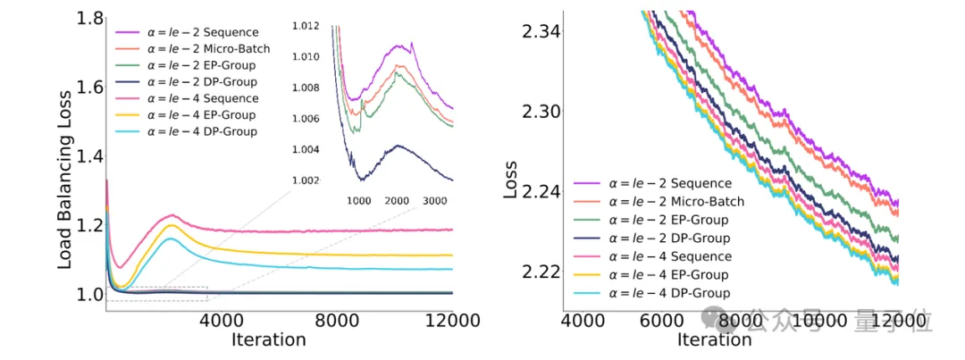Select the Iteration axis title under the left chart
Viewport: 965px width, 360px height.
[x=268, y=340]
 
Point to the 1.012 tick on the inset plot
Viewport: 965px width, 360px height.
[x=306, y=27]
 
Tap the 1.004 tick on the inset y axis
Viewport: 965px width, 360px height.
[x=306, y=149]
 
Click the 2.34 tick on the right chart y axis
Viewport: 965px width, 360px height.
[x=540, y=32]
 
